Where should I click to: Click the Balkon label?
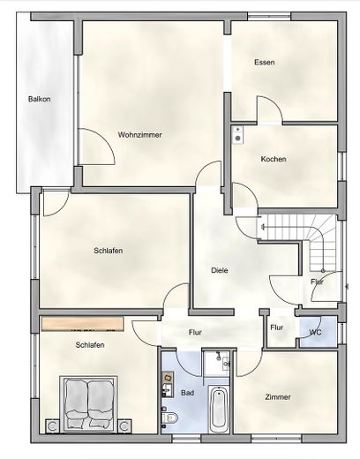pyautogui.click(x=40, y=99)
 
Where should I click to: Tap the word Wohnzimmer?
pyautogui.click(x=140, y=135)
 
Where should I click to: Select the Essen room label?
pyautogui.click(x=265, y=63)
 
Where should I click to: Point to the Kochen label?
pyautogui.click(x=274, y=159)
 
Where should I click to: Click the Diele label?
pyautogui.click(x=220, y=270)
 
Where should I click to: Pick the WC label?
pyautogui.click(x=315, y=333)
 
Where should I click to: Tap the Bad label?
pyautogui.click(x=187, y=393)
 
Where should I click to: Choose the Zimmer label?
pyautogui.click(x=278, y=397)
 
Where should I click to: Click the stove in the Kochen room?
pyautogui.click(x=237, y=135)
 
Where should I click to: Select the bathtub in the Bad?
pyautogui.click(x=219, y=409)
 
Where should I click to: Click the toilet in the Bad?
pyautogui.click(x=170, y=418)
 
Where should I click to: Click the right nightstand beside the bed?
pyautogui.click(x=124, y=426)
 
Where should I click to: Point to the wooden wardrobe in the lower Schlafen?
pyautogui.click(x=82, y=324)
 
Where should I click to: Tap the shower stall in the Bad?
pyautogui.click(x=217, y=364)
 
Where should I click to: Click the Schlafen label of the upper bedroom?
pyautogui.click(x=109, y=251)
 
